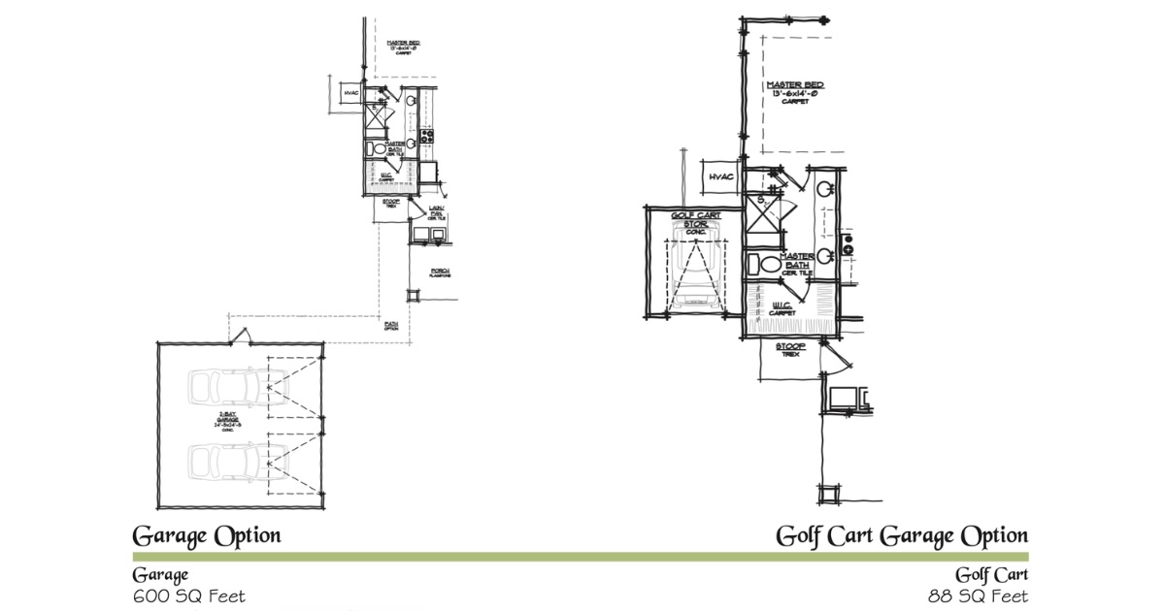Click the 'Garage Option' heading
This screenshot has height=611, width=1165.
pyautogui.click(x=206, y=535)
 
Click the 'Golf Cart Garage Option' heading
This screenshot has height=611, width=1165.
pyautogui.click(x=901, y=535)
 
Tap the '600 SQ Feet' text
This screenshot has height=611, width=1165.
pyautogui.click(x=189, y=595)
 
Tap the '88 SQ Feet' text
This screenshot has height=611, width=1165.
pyautogui.click(x=979, y=595)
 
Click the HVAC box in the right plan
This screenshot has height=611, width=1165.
pyautogui.click(x=721, y=177)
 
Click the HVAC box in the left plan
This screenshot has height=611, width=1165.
pyautogui.click(x=350, y=93)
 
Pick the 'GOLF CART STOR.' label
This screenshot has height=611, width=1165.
pyautogui.click(x=695, y=224)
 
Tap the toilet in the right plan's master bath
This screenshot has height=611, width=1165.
pyautogui.click(x=767, y=263)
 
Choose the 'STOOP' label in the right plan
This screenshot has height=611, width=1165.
pyautogui.click(x=791, y=348)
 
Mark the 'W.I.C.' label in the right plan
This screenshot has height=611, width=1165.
pyautogui.click(x=782, y=308)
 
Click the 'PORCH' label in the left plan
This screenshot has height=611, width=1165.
pyautogui.click(x=441, y=273)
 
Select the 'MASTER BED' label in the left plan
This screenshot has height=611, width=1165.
pyautogui.click(x=402, y=46)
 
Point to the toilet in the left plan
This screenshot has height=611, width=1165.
pyautogui.click(x=374, y=148)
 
